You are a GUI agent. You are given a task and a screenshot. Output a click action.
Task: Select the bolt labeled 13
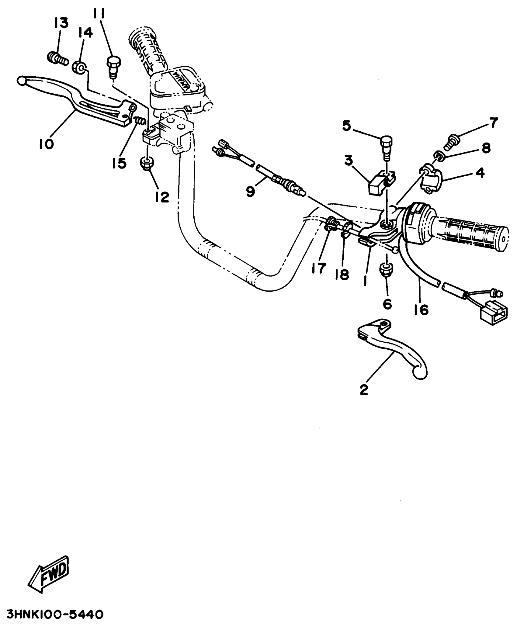57,58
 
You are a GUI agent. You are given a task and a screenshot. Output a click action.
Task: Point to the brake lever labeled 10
76,103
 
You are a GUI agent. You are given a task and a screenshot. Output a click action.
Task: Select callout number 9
251,192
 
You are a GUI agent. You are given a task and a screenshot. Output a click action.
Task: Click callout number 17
319,268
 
